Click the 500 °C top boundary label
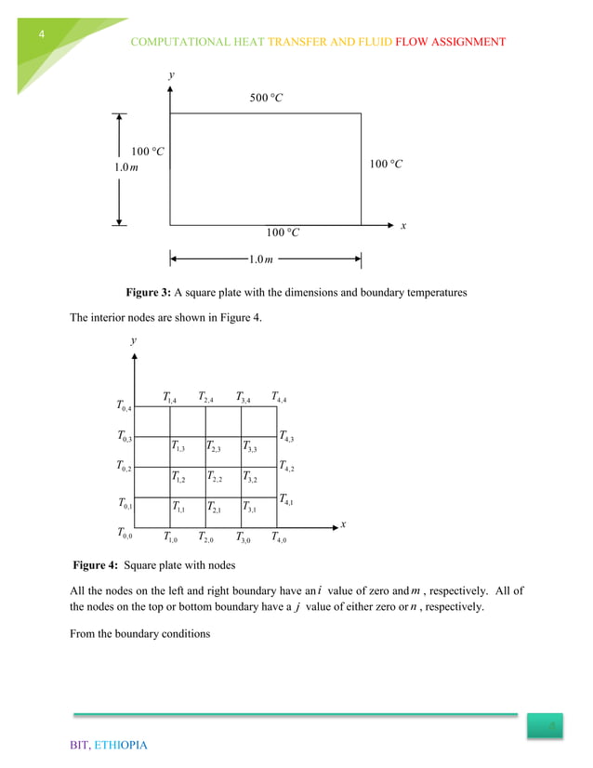click(266, 99)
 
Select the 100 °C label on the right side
click(385, 165)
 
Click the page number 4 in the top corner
click(41, 34)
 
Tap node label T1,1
click(179, 508)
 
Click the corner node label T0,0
click(125, 534)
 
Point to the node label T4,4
click(279, 398)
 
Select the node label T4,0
click(279, 536)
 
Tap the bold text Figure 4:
click(96, 564)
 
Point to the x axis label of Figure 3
click(403, 226)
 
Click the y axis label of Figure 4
click(134, 341)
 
